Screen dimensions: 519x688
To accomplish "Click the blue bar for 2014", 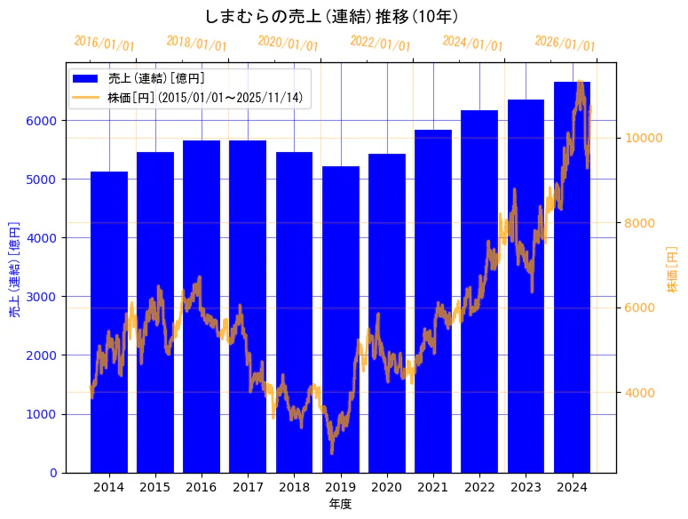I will pos(108,320).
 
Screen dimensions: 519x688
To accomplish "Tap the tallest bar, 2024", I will pos(572,275).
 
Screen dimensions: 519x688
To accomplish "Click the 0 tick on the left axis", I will pos(53,473).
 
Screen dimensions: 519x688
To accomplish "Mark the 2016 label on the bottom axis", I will pos(202,487).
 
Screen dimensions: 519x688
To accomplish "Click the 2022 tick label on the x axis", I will pos(479,487).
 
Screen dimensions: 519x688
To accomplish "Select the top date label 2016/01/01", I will pos(104,43).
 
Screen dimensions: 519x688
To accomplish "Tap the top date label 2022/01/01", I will pos(380,43).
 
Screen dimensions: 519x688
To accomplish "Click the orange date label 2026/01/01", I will pos(565,43).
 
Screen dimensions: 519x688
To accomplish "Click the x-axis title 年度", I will pos(340,504).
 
